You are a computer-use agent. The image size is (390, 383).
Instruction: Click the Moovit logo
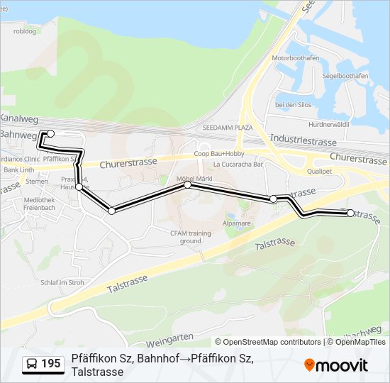[335, 365]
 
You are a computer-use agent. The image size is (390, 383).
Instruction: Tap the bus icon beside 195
[32, 364]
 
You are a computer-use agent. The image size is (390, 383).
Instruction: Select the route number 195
[50, 364]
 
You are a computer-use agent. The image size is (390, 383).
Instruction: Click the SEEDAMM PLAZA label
[228, 128]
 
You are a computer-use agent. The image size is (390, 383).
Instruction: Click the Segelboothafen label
[345, 76]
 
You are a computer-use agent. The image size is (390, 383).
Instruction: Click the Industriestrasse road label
[303, 141]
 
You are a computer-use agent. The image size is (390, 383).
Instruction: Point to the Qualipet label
[319, 171]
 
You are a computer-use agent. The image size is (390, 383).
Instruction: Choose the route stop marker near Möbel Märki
[188, 185]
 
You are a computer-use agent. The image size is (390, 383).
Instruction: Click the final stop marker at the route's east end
[350, 213]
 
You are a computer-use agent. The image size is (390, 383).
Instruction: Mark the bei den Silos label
[294, 105]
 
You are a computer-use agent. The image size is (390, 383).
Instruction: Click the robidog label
[24, 31]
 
